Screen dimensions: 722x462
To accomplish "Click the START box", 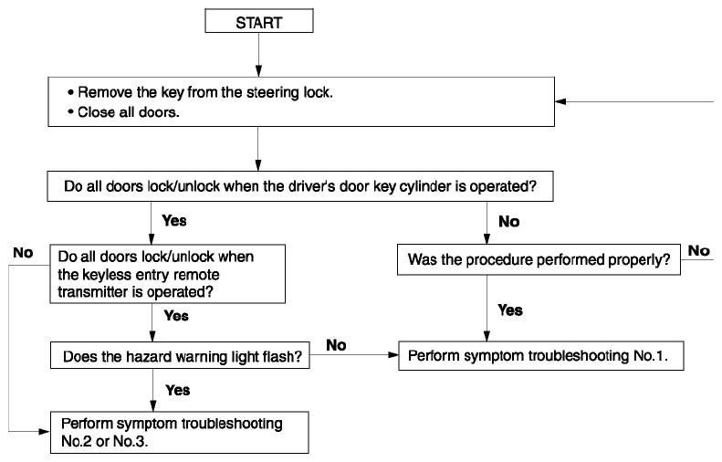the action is coord(259,21).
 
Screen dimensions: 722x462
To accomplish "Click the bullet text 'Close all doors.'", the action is coord(128,112).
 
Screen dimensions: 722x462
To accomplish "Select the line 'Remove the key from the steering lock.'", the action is coord(204,92).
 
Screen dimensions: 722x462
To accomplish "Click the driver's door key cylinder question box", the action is coord(300,186).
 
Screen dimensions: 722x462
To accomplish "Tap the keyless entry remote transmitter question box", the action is coord(168,274).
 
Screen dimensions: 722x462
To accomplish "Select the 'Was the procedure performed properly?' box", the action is coord(539,260).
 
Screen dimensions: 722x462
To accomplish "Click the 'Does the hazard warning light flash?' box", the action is coord(180,355).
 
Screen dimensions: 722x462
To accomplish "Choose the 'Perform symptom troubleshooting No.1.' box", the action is coord(541,355).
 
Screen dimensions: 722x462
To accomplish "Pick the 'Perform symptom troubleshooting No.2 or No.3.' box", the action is coord(180,433).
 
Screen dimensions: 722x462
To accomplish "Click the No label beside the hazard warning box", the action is coord(336,345).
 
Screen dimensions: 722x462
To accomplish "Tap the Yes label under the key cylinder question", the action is coord(174,221).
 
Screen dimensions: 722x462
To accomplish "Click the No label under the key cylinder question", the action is coord(508,222).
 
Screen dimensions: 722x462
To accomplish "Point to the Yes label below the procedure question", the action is coord(510,310).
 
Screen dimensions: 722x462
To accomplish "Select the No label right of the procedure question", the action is coord(699,250).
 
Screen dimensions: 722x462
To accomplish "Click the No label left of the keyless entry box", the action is coord(23,252).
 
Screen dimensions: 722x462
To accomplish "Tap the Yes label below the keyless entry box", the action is coord(176,316).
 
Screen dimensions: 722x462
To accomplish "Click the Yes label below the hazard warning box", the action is coord(178,390).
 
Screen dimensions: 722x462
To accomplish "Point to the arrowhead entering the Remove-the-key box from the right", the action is coord(560,101).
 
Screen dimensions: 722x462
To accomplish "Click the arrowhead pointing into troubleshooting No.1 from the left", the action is coord(393,354).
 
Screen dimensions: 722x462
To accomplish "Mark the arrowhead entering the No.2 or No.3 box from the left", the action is coord(45,432).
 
